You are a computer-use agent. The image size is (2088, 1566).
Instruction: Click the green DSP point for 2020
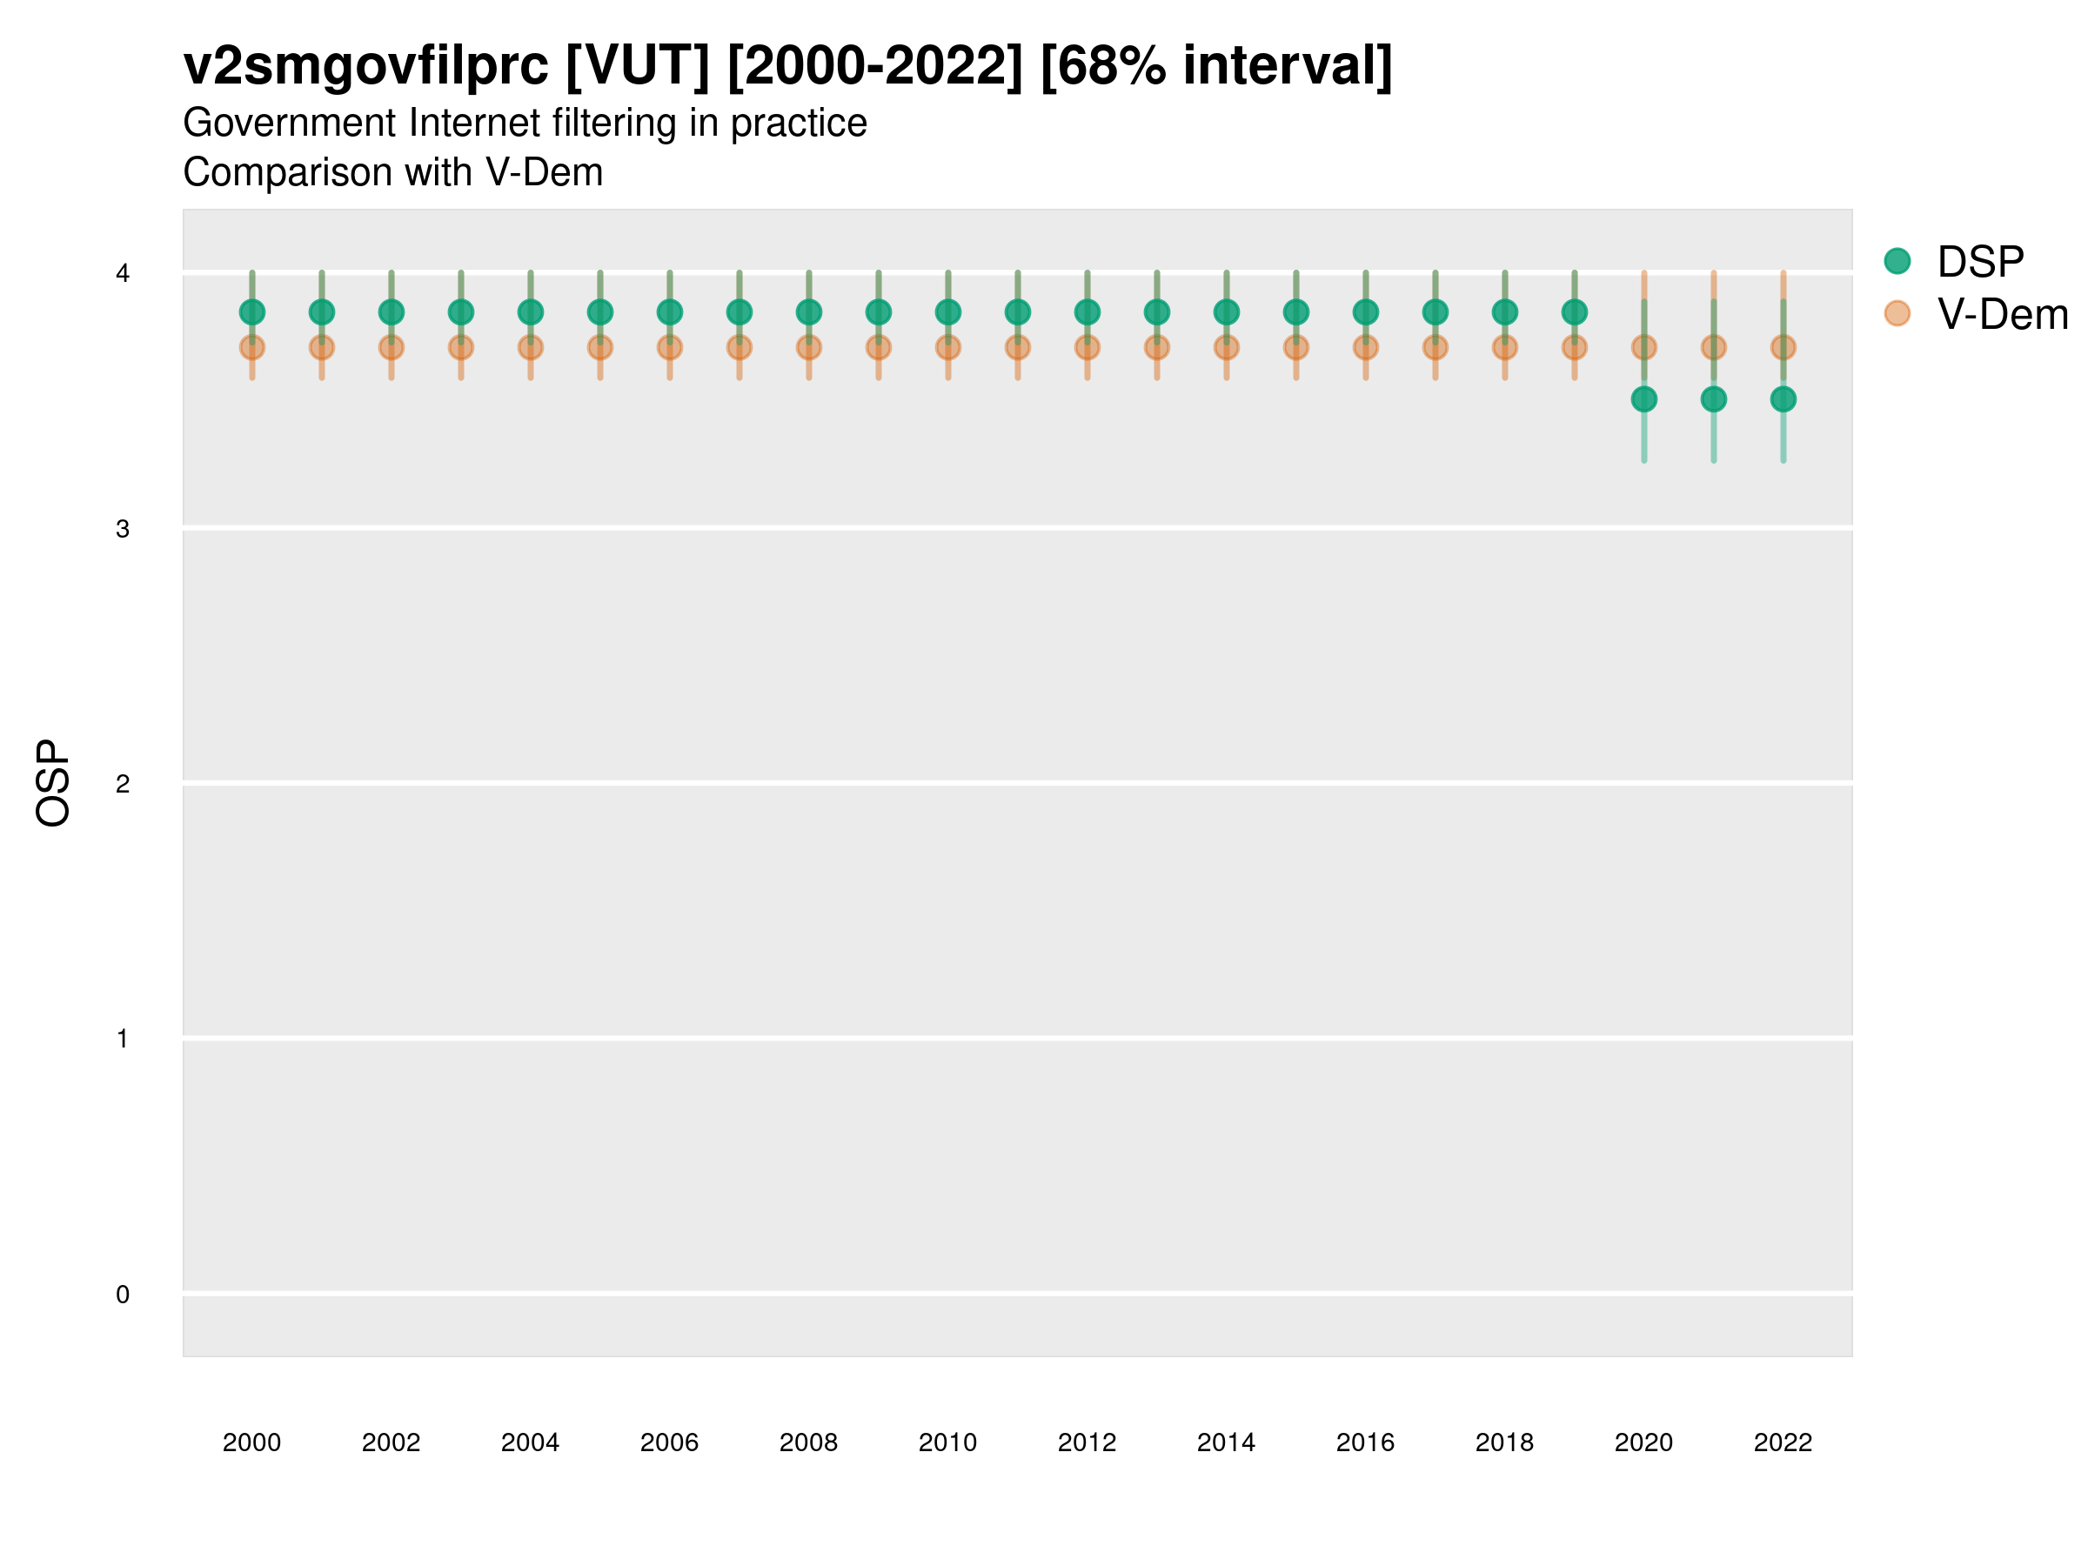1643,399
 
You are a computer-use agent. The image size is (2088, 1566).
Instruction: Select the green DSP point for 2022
1783,399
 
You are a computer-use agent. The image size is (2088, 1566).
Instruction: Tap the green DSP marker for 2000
252,311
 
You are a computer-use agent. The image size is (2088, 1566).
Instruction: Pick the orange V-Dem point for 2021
1713,347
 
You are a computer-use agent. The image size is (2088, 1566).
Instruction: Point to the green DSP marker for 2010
947,311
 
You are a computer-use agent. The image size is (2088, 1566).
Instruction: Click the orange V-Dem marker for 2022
1783,347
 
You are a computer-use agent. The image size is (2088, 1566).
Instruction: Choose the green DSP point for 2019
1575,311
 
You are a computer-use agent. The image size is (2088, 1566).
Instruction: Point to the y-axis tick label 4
123,274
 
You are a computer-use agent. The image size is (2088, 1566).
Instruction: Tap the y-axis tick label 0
123,1295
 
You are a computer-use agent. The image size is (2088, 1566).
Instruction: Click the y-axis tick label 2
123,784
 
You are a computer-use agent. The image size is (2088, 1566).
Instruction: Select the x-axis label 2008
809,1442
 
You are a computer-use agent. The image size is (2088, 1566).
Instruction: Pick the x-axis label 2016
1365,1442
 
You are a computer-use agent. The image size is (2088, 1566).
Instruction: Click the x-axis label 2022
1783,1442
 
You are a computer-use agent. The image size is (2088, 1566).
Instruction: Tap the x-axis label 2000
252,1442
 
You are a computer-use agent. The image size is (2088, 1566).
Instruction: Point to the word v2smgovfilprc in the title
365,66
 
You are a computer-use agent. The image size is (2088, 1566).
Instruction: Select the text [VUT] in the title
637,66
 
